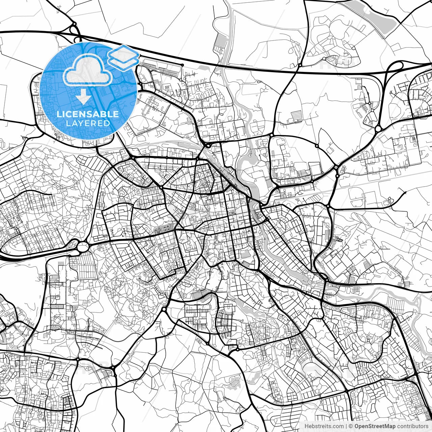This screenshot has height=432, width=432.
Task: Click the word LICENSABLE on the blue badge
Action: tap(88, 114)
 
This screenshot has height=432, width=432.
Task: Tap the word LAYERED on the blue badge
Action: tap(88, 124)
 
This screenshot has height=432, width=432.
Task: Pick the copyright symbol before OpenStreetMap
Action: tap(351, 426)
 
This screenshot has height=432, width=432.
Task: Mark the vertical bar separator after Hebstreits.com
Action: tap(346, 426)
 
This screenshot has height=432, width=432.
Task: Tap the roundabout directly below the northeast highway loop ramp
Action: tap(378, 129)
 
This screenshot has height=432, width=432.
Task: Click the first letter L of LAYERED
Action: tap(68, 124)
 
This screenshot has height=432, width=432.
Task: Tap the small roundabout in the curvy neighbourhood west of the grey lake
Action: tap(324, 58)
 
